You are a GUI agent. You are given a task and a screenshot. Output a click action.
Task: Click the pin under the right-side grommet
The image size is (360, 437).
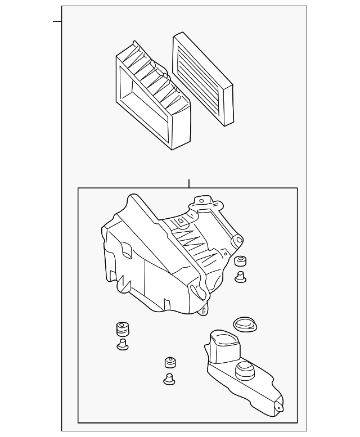pyautogui.click(x=241, y=276)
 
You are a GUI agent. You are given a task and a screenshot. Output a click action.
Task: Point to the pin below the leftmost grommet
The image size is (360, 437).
pyautogui.click(x=122, y=344)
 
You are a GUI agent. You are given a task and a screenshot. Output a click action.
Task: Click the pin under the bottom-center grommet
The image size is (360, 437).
pyautogui.click(x=168, y=379)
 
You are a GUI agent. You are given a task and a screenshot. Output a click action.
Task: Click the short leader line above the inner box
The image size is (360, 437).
pyautogui.click(x=190, y=183)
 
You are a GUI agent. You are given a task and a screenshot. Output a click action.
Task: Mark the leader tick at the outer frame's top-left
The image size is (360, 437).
pyautogui.click(x=57, y=21)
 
